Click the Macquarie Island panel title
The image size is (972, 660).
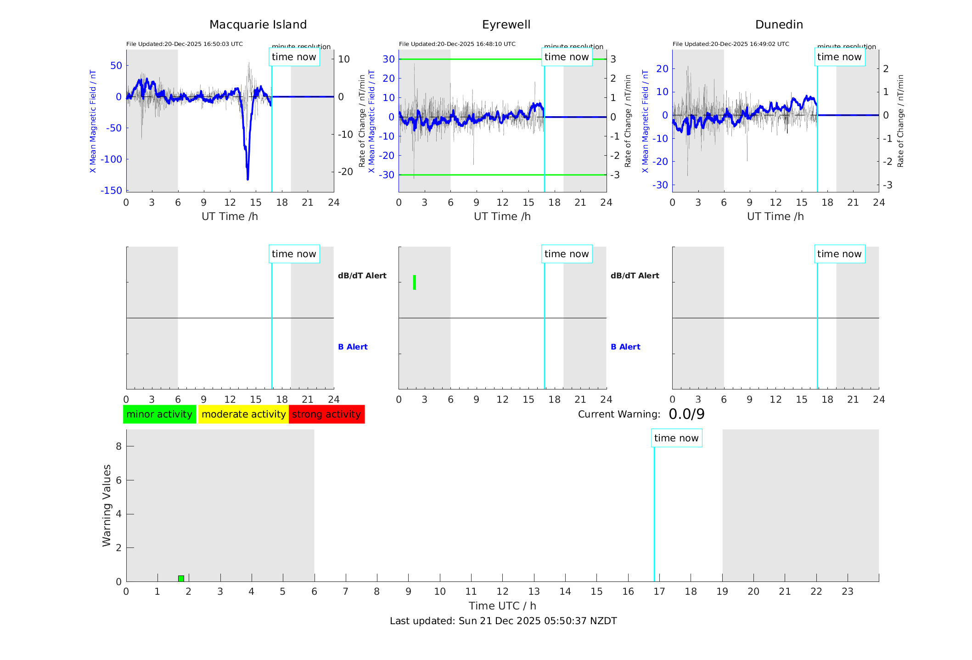(x=258, y=25)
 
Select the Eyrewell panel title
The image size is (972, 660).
(x=506, y=25)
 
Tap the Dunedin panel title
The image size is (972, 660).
(x=779, y=25)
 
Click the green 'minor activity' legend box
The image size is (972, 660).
(x=159, y=414)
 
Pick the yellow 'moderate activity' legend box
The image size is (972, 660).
(x=243, y=414)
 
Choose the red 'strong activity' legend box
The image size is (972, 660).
(x=326, y=414)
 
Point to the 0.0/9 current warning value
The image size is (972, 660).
(x=686, y=414)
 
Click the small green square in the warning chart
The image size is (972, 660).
(x=181, y=578)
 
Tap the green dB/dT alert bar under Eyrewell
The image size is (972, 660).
(x=415, y=282)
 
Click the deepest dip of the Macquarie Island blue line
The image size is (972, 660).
(x=247, y=178)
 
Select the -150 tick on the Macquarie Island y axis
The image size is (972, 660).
(x=112, y=191)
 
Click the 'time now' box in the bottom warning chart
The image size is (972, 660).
(x=676, y=438)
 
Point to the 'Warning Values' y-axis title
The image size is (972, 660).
(x=107, y=505)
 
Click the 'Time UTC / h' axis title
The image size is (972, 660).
(x=502, y=606)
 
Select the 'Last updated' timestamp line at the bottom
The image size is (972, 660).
(x=503, y=621)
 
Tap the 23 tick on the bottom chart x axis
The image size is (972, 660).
(x=847, y=592)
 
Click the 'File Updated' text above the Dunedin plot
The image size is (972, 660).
(x=730, y=44)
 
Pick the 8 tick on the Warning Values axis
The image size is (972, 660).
(x=118, y=446)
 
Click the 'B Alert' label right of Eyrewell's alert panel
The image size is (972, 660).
(x=625, y=347)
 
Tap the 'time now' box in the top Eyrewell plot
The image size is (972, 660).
(x=567, y=57)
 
